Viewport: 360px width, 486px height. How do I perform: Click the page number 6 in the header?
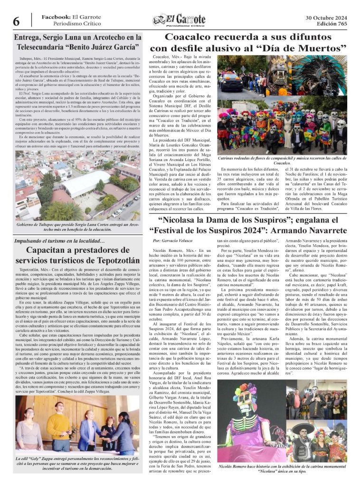pos(16,21)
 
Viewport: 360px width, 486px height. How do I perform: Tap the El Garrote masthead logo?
pos(179,20)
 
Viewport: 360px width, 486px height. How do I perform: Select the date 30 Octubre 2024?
pos(326,17)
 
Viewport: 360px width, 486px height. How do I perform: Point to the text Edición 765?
pos(332,24)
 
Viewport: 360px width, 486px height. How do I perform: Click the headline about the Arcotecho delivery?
pos(78,42)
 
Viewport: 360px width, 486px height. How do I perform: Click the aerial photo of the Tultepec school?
pos(77,183)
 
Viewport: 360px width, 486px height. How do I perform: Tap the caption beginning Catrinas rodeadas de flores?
pos(282,160)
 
